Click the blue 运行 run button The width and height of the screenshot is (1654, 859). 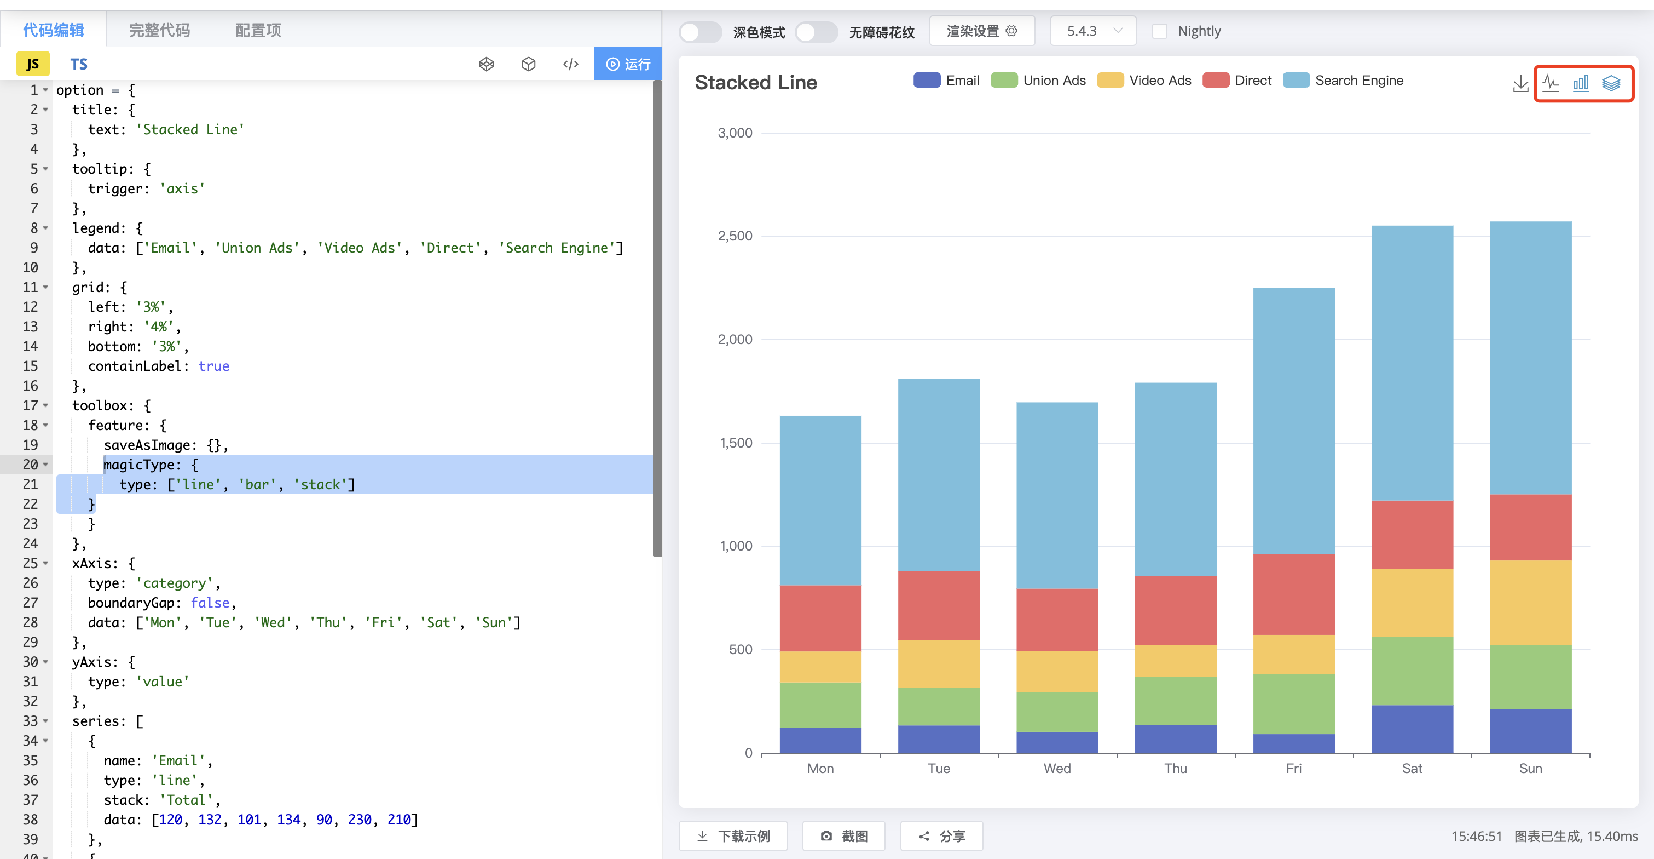tap(627, 64)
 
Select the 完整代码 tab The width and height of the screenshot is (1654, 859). tap(159, 30)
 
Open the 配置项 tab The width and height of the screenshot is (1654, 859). tap(257, 30)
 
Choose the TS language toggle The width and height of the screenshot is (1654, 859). tap(78, 64)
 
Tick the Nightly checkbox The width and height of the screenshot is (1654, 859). tap(1159, 31)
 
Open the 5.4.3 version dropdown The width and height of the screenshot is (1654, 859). tap(1093, 31)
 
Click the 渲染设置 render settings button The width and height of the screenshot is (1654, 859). tap(981, 31)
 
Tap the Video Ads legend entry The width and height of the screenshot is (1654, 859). tap(1144, 81)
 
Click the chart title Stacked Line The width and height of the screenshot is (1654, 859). tap(755, 82)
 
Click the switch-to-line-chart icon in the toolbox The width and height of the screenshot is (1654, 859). tap(1550, 83)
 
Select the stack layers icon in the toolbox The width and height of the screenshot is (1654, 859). tap(1610, 83)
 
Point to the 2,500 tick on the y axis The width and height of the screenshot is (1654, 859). tap(735, 236)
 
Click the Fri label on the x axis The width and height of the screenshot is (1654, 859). tap(1293, 769)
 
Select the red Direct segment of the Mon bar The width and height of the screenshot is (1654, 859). tap(820, 618)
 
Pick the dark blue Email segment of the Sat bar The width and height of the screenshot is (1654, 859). tap(1412, 729)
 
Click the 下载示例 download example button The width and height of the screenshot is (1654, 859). tap(733, 836)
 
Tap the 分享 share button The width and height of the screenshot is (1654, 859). tap(941, 836)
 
